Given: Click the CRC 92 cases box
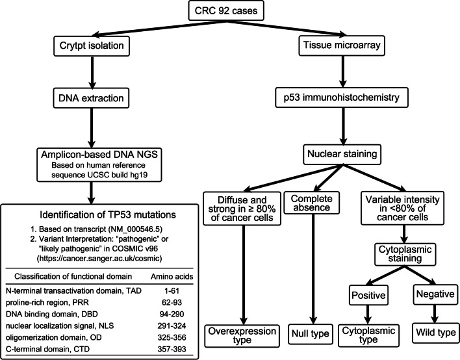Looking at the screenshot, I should pyautogui.click(x=230, y=12).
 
